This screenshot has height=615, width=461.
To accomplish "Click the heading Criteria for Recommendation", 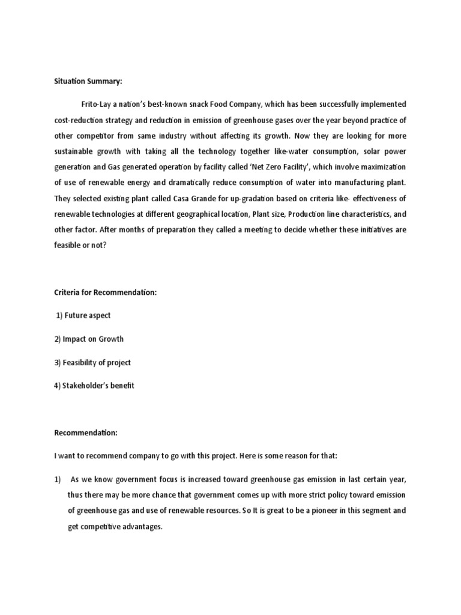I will point(105,292).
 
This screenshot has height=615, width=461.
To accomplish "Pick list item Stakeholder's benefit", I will point(94,386).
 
